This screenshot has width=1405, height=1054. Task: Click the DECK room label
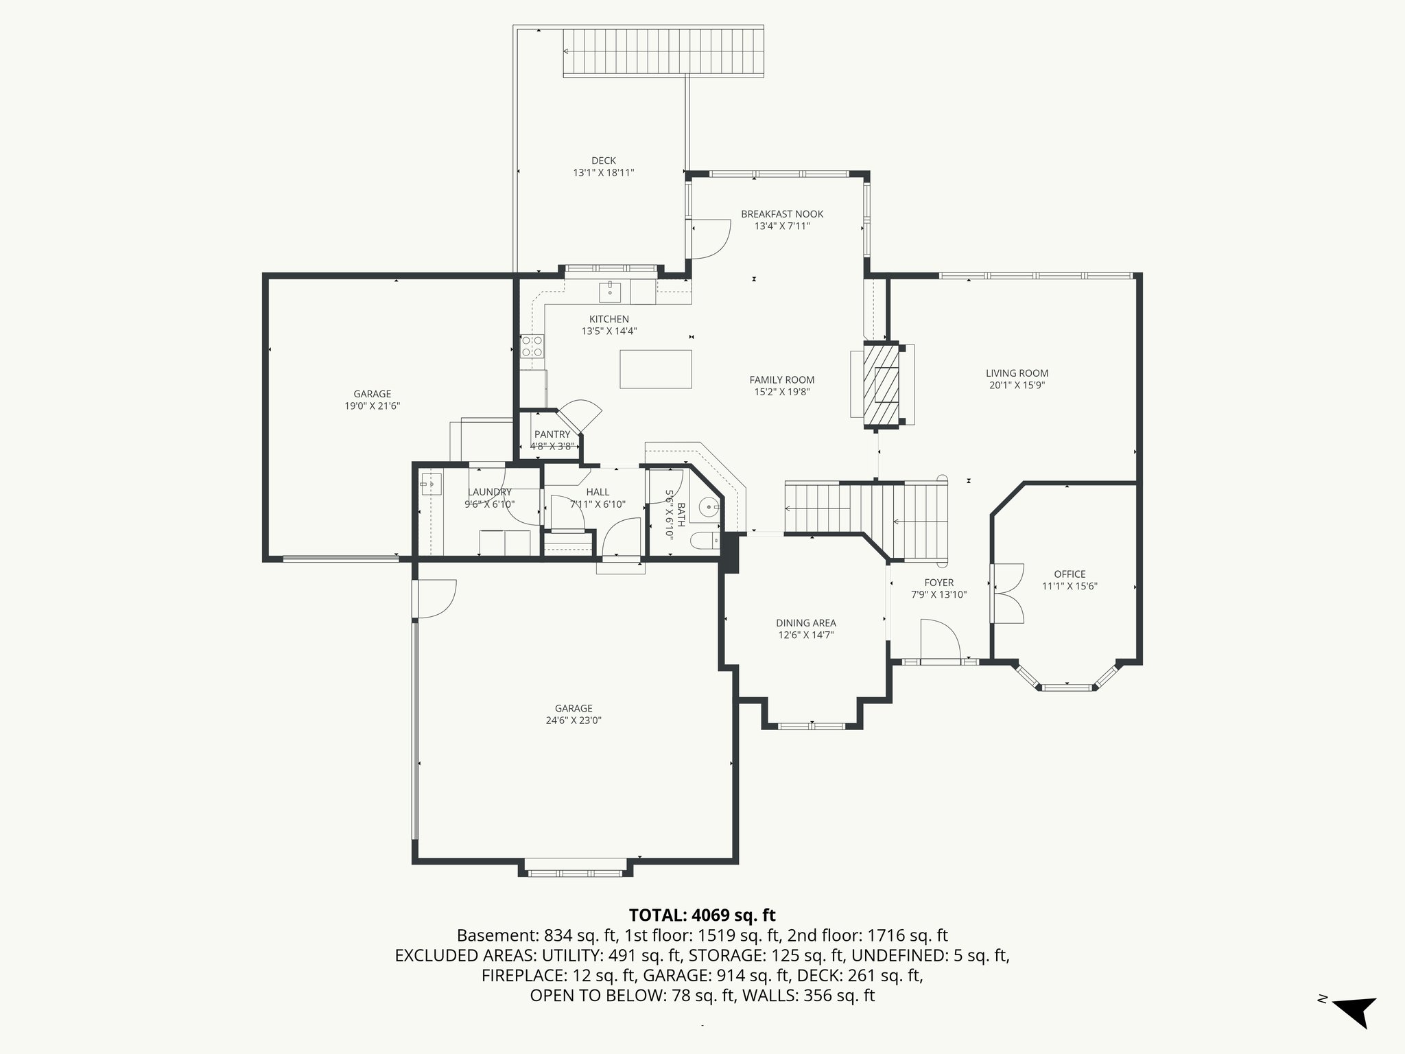tap(603, 161)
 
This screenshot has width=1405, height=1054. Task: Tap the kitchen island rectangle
tap(655, 368)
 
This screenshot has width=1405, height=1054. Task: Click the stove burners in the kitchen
tap(532, 346)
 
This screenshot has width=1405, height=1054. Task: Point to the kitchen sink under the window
tap(610, 291)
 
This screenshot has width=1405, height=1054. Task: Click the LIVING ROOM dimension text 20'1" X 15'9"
tap(1017, 386)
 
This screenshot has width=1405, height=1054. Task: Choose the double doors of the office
tap(1007, 593)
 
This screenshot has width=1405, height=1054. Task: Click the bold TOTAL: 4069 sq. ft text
tap(702, 915)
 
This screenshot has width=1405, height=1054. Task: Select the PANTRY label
tap(552, 434)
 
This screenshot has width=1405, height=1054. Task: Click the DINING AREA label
tap(806, 623)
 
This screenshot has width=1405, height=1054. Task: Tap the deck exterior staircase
tap(663, 53)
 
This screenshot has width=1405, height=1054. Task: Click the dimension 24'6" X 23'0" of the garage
tap(574, 721)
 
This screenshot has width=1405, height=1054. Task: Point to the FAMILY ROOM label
tap(781, 379)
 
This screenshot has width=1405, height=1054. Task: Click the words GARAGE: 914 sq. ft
tap(698, 975)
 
